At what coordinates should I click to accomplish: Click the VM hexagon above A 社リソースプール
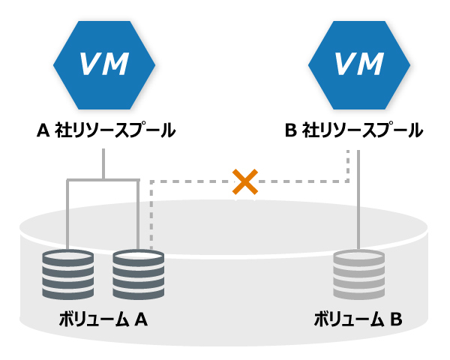point(104,65)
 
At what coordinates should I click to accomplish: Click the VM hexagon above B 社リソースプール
point(359,65)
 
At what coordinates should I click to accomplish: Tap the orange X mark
point(245,181)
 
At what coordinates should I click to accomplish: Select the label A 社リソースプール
point(106,130)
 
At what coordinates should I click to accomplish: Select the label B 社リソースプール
point(354,130)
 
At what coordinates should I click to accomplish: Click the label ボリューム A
point(103,319)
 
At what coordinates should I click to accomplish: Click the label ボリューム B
point(358,319)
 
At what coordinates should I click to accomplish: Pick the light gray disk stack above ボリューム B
point(358,274)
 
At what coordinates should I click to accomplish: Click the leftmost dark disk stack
point(68,274)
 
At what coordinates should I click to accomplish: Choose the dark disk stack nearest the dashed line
point(138,274)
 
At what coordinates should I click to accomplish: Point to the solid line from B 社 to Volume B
point(358,199)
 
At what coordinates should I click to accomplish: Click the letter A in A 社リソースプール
point(43,130)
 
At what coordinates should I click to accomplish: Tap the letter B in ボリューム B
point(396,319)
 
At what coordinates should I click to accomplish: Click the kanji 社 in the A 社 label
point(63,130)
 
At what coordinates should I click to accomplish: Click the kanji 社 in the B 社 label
point(310,130)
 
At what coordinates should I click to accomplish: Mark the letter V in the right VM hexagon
point(346,64)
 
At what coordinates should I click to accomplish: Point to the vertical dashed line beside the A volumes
point(151,215)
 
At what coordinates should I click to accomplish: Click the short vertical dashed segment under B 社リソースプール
point(348,166)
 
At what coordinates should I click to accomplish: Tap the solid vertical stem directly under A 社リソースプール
point(103,164)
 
